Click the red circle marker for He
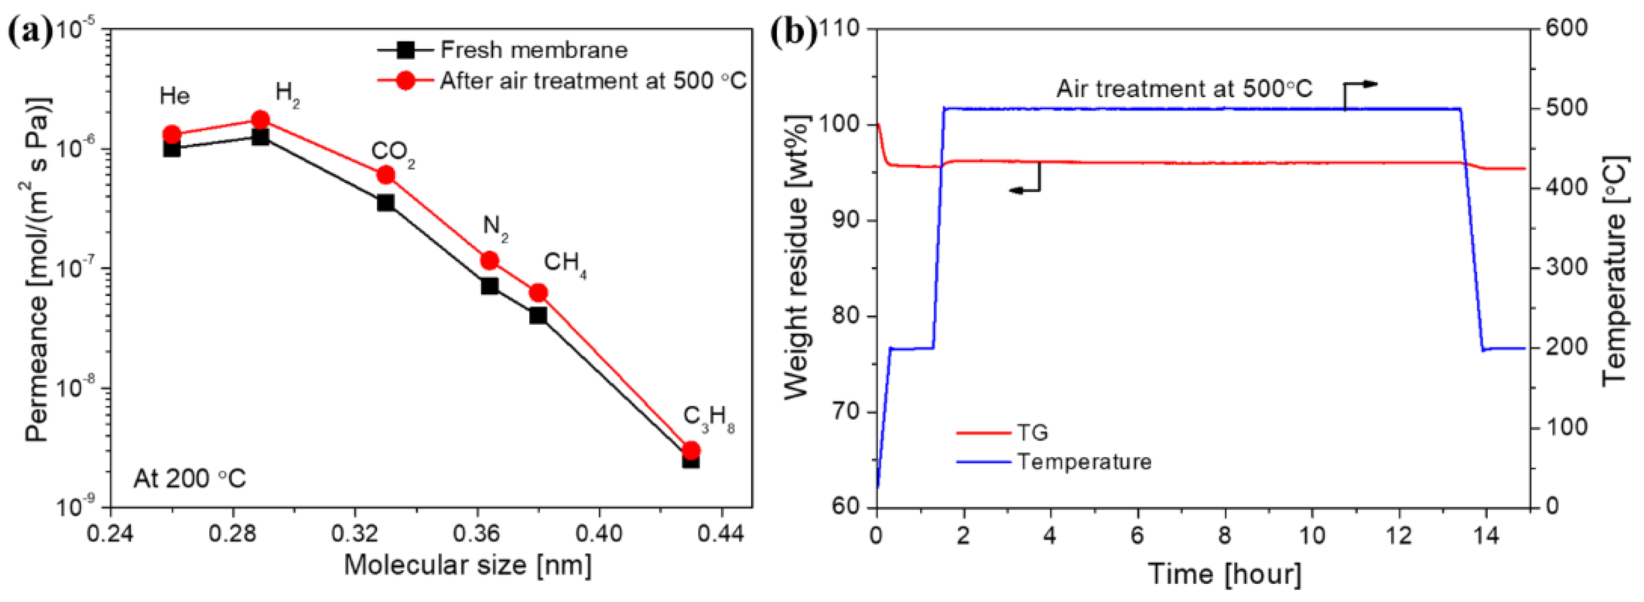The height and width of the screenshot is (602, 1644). [x=172, y=135]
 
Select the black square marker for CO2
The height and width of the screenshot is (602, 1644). [x=386, y=203]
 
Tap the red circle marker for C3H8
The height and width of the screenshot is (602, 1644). [x=691, y=451]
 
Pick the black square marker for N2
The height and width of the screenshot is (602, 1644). [x=489, y=286]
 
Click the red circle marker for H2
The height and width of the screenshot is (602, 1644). [x=260, y=119]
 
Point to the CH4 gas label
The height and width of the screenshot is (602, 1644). [x=564, y=263]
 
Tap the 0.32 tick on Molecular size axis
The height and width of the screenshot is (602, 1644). [x=355, y=534]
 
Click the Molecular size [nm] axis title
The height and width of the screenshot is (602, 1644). [x=468, y=566]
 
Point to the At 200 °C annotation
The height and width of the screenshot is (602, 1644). [x=189, y=479]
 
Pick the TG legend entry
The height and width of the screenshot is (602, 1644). [x=1032, y=433]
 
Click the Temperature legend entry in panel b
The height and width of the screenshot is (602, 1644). [x=1084, y=462]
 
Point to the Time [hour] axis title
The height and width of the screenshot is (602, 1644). [x=1224, y=574]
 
